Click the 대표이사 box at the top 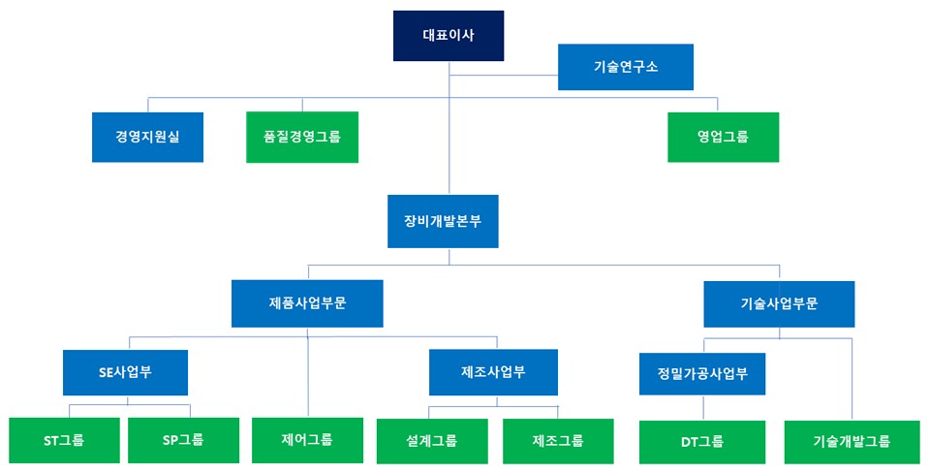click(x=449, y=35)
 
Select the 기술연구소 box click(x=625, y=67)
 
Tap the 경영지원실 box click(x=147, y=137)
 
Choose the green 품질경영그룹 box click(x=301, y=137)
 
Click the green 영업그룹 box click(x=723, y=137)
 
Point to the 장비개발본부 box click(x=443, y=220)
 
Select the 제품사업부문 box click(x=307, y=303)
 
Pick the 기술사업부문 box click(x=779, y=303)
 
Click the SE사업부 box click(x=125, y=372)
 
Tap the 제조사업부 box click(x=494, y=372)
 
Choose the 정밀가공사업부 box click(x=702, y=373)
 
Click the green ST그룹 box click(x=64, y=441)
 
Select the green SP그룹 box click(x=183, y=441)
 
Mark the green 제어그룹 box click(x=307, y=440)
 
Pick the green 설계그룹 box click(x=432, y=441)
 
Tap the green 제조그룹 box click(x=558, y=441)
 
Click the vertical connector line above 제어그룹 click(x=308, y=383)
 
